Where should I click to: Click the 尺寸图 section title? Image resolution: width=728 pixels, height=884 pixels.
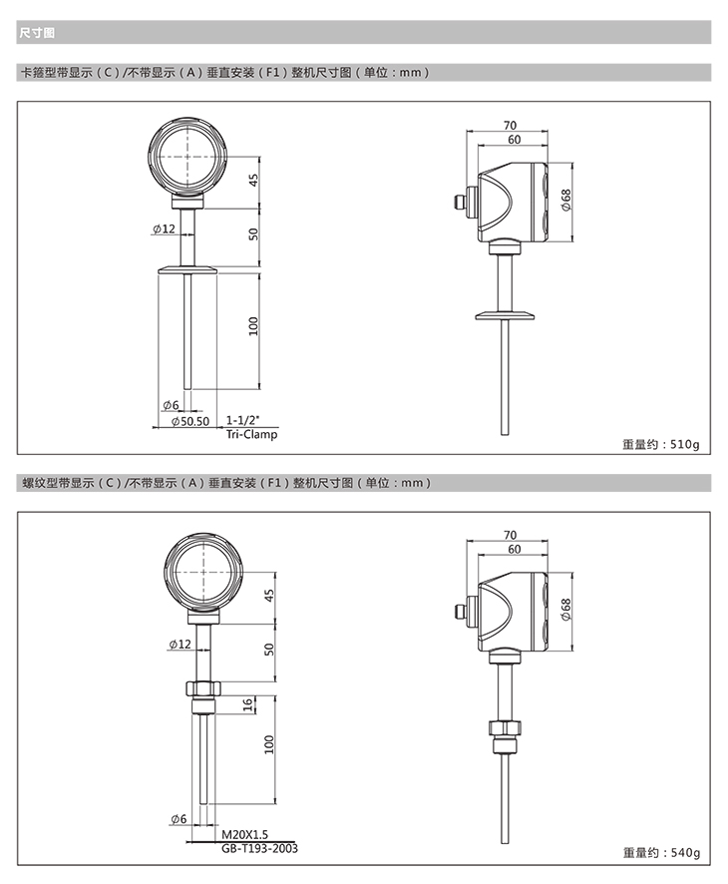(37, 33)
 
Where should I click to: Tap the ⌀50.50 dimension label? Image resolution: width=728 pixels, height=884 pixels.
(189, 421)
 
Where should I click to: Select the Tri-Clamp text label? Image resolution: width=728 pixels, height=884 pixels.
(252, 434)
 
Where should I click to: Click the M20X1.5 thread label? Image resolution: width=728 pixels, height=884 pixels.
(244, 834)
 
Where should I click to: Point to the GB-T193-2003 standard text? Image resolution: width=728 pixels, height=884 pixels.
(259, 848)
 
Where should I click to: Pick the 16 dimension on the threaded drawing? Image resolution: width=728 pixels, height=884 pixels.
(248, 704)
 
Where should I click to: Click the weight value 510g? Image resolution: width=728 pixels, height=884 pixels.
(684, 444)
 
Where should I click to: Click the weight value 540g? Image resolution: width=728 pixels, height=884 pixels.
(685, 853)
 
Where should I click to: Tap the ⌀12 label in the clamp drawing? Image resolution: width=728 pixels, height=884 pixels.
(164, 228)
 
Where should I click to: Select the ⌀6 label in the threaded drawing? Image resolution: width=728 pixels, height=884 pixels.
(179, 818)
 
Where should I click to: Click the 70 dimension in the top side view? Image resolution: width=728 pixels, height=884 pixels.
(510, 125)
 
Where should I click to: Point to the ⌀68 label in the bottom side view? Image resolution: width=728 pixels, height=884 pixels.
(565, 609)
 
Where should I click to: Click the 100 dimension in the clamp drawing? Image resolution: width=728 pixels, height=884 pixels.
(253, 326)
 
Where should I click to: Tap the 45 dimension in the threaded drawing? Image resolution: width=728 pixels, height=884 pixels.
(269, 596)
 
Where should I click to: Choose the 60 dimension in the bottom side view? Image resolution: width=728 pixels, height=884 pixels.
(514, 549)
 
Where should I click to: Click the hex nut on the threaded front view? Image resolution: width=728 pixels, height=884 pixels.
(203, 688)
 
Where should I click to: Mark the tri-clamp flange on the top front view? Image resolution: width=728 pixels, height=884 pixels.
(187, 270)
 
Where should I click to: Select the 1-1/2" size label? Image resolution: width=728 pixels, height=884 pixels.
(243, 420)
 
